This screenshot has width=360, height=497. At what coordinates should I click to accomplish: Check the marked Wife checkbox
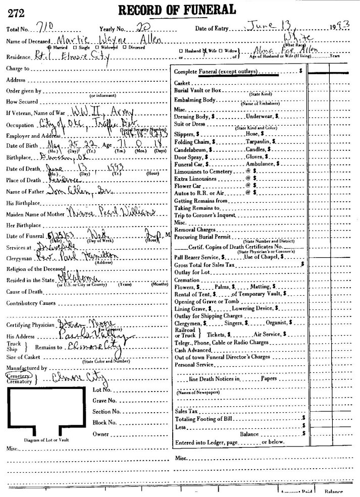(204, 51)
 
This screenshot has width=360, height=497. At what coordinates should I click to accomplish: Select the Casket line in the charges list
(182, 83)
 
